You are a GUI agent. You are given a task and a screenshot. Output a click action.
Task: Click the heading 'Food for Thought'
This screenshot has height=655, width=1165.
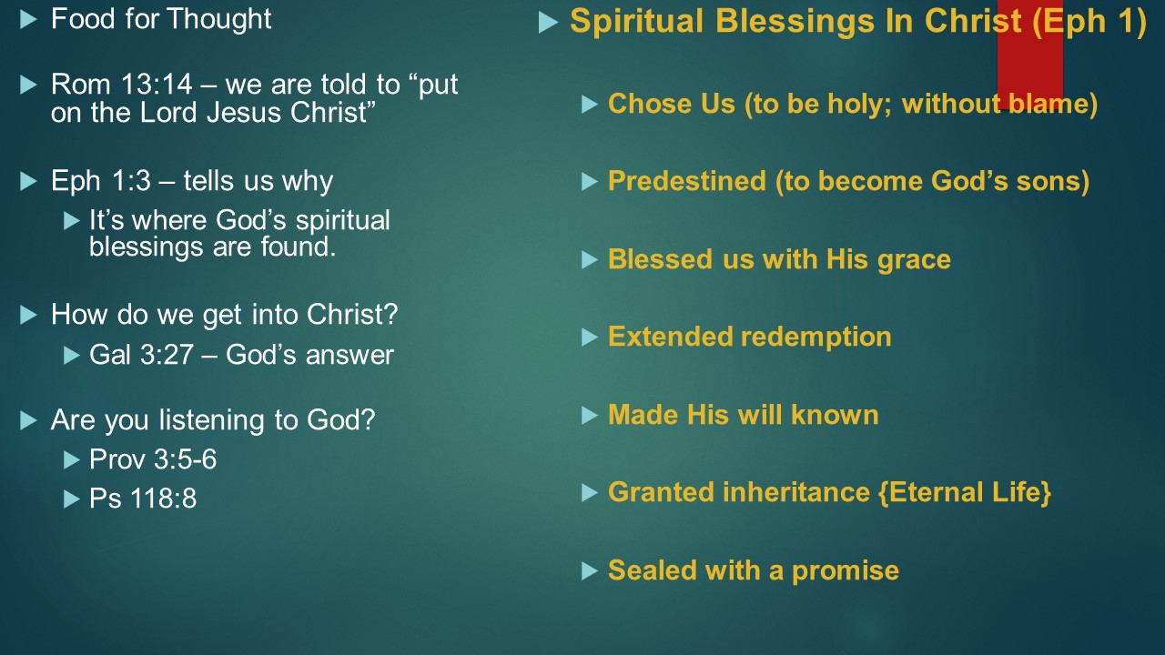coord(161,20)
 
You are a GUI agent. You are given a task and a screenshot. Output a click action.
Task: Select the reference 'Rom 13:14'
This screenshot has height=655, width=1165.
coord(122,85)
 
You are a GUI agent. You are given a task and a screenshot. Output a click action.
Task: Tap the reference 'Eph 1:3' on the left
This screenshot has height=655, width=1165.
coord(101,181)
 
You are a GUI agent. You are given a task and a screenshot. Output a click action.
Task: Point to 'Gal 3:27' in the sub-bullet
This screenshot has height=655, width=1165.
coord(141,355)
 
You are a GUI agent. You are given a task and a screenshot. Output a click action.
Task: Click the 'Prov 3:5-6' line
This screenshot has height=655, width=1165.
coord(153,459)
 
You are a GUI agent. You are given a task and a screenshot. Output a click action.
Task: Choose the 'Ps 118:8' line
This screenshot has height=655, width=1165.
coord(143,499)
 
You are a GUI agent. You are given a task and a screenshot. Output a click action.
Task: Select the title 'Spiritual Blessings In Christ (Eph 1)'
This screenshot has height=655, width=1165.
coord(858,22)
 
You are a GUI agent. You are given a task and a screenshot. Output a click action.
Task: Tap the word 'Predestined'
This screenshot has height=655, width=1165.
coord(687,181)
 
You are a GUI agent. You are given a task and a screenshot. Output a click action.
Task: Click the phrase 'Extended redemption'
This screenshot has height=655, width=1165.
coord(749,337)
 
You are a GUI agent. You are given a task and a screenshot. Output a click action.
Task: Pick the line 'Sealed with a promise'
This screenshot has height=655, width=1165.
coord(754,570)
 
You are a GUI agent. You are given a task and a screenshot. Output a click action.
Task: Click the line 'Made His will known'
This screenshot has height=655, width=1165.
coord(744,415)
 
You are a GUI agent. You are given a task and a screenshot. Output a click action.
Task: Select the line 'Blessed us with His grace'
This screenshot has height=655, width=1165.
coord(779,259)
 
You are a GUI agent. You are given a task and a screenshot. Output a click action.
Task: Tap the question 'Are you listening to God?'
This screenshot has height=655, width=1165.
coord(213,420)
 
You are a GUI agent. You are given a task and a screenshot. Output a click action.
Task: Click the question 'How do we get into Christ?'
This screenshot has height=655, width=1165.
coord(224,315)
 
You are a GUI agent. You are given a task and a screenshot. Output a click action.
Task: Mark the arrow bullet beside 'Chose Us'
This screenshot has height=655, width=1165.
coord(589,105)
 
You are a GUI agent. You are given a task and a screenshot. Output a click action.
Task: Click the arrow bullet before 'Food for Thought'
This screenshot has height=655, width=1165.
coord(28,20)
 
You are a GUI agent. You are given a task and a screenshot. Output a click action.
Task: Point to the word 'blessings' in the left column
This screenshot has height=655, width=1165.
coord(144,247)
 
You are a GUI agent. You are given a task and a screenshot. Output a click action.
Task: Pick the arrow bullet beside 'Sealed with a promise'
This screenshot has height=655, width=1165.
coord(589,571)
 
